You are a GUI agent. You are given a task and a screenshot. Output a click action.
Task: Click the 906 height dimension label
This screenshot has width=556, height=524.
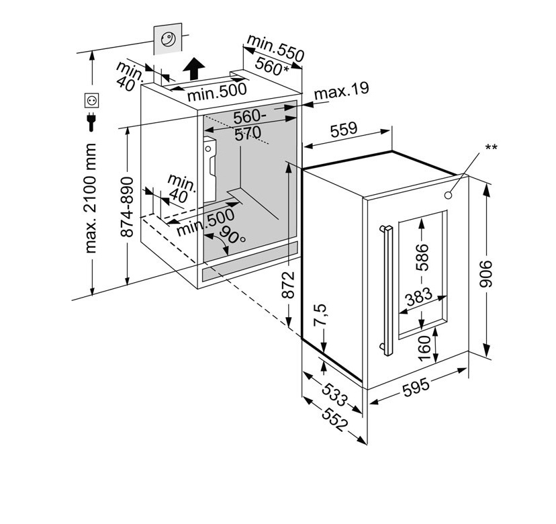[485, 273]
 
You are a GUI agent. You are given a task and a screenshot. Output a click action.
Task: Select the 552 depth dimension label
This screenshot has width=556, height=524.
[334, 420]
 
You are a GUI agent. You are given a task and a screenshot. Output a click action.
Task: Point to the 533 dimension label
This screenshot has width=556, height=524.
[334, 395]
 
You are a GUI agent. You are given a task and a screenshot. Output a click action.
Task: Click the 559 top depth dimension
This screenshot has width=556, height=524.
[344, 130]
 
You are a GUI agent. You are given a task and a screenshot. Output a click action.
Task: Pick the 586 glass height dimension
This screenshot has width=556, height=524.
[422, 257]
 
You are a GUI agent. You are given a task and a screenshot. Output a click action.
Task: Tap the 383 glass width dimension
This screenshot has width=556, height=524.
[420, 298]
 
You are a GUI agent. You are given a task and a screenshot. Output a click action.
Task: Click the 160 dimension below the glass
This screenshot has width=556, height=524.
[424, 349]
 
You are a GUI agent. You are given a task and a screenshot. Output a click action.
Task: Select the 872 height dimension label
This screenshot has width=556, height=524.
[289, 285]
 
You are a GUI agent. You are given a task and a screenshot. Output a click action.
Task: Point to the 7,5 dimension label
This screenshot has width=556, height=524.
[320, 314]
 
